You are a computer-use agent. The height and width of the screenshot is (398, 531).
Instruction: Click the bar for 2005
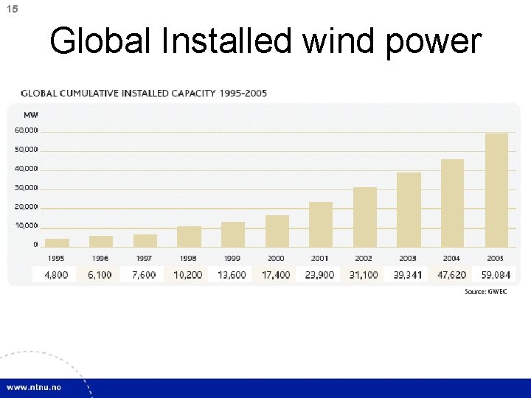[496, 189]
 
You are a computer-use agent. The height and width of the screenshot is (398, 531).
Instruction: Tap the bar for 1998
[189, 236]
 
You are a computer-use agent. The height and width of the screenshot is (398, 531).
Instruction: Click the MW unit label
[31, 115]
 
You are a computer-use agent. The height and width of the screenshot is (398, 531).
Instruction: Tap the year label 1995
[56, 259]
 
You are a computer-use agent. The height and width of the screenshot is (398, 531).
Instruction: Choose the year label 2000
[277, 259]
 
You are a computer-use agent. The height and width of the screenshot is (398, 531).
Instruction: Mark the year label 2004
[451, 259]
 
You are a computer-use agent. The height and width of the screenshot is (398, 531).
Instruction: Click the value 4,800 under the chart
[56, 275]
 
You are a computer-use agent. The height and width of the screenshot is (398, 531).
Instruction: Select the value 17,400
[277, 275]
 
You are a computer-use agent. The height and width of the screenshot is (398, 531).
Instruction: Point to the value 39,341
[408, 275]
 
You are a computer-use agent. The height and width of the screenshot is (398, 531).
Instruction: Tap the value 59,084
[496, 275]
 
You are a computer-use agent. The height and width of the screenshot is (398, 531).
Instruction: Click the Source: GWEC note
[486, 292]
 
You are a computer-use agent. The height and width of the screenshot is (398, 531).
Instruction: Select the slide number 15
[12, 8]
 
